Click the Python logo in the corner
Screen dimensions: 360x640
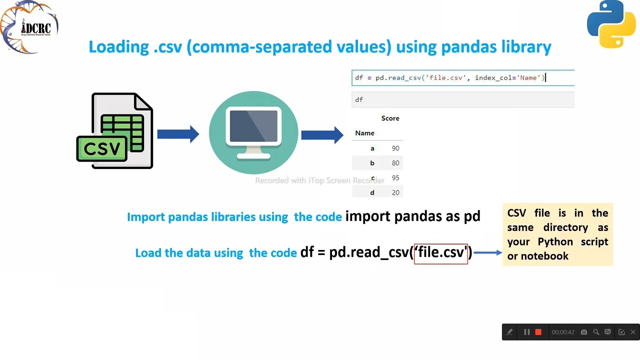click(611, 24)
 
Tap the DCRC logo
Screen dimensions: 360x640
click(29, 27)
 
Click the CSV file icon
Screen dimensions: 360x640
click(115, 131)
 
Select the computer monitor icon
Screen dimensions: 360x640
click(253, 132)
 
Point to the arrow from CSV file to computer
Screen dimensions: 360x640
click(178, 134)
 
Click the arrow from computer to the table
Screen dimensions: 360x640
click(322, 134)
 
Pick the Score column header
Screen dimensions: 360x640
click(390, 118)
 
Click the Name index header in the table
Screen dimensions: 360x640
click(364, 133)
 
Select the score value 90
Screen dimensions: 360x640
click(395, 148)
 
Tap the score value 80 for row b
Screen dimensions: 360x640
click(395, 163)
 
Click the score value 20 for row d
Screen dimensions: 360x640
click(395, 193)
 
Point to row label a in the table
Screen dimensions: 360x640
click(372, 148)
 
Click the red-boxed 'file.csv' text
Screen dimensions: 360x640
click(440, 252)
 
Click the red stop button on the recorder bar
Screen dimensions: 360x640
click(538, 332)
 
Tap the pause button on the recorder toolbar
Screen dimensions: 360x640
click(526, 332)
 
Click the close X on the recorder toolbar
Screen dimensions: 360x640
click(632, 332)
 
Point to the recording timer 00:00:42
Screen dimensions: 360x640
click(562, 332)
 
